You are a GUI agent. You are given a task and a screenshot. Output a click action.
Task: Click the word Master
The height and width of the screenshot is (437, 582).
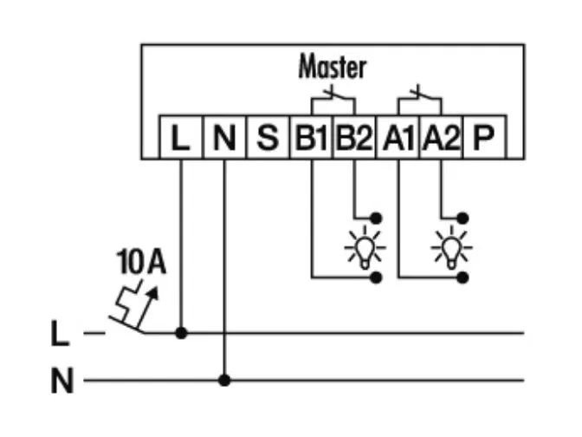[x=332, y=67]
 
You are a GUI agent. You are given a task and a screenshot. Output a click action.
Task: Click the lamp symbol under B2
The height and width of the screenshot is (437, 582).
[x=365, y=248]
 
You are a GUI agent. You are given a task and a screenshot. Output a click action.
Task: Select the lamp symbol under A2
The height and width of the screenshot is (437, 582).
[x=452, y=248]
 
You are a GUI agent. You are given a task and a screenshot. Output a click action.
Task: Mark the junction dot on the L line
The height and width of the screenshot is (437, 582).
[x=181, y=332]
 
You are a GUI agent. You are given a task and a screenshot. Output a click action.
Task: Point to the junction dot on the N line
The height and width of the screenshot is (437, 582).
[x=224, y=380]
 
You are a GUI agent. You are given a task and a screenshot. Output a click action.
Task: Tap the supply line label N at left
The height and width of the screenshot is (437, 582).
[x=61, y=381]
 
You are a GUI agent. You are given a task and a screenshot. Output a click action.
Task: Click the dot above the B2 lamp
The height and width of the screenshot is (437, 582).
[x=376, y=217]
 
